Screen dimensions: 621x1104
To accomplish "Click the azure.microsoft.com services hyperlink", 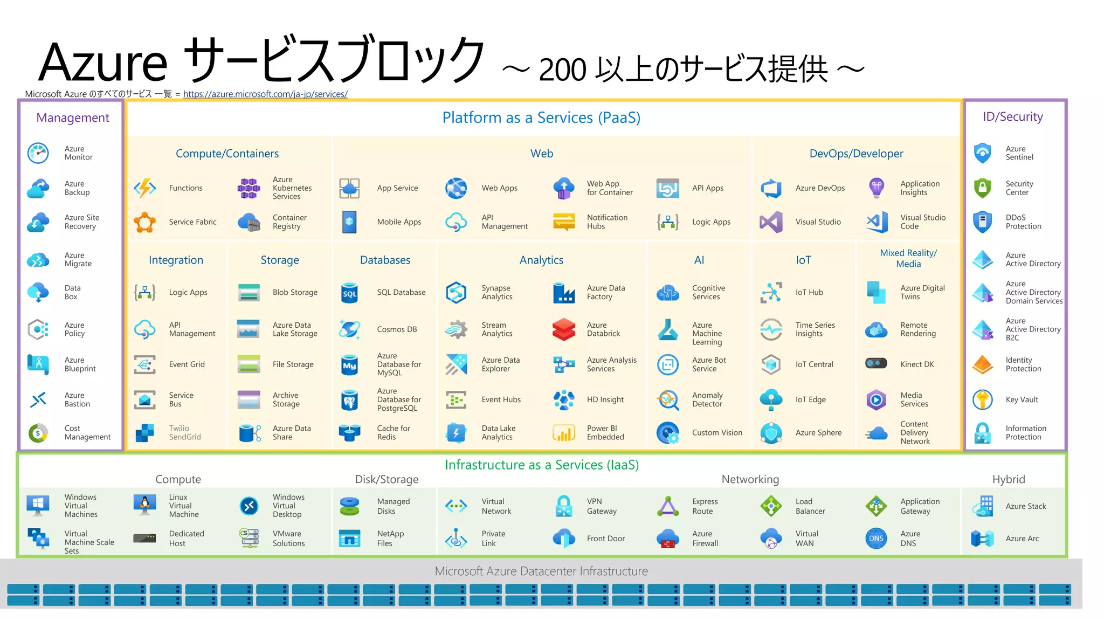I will pyautogui.click(x=265, y=94).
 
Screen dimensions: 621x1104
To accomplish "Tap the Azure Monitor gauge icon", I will pyautogui.click(x=38, y=153).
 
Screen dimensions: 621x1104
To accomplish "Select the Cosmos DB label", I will pyautogui.click(x=397, y=329).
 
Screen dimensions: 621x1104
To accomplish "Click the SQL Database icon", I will pyautogui.click(x=350, y=293).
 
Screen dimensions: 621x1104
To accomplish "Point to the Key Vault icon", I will pyautogui.click(x=983, y=399).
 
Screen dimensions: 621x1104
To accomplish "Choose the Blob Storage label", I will pyautogui.click(x=295, y=292).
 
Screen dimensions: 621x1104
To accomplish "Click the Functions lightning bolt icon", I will pyautogui.click(x=145, y=188).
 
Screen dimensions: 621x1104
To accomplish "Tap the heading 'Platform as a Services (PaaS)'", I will pyautogui.click(x=541, y=118).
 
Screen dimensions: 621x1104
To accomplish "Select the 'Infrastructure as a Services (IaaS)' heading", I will pyautogui.click(x=541, y=465).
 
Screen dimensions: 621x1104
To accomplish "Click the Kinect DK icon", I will pyautogui.click(x=876, y=364).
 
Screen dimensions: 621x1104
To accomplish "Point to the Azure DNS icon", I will pyautogui.click(x=876, y=538).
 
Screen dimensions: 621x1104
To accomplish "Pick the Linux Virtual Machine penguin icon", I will pyautogui.click(x=144, y=505).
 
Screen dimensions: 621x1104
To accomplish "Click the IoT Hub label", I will pyautogui.click(x=809, y=292).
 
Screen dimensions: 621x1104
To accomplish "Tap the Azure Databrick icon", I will pyautogui.click(x=564, y=329).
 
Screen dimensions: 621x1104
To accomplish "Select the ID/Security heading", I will pyautogui.click(x=1012, y=117).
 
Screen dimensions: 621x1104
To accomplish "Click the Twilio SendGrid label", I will pyautogui.click(x=184, y=432).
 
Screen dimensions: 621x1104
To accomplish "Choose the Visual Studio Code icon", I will pyautogui.click(x=877, y=222).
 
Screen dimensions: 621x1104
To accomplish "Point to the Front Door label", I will pyautogui.click(x=605, y=538).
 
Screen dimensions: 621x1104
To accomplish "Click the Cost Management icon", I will pyautogui.click(x=38, y=432).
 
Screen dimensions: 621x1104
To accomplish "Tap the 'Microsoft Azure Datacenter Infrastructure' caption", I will pyautogui.click(x=541, y=571).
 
